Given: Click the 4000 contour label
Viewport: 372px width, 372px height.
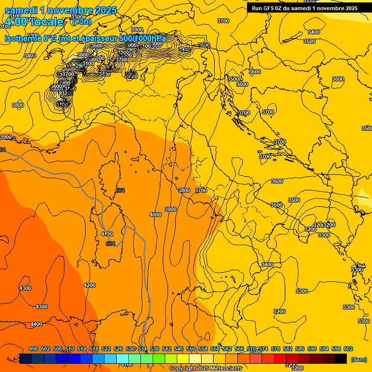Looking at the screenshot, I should click(x=155, y=215).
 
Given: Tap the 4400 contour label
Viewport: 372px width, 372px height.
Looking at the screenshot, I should click(x=36, y=324).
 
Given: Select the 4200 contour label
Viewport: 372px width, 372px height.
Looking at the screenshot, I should click(x=90, y=286).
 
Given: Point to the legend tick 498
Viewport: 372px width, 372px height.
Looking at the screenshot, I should click(x=33, y=349).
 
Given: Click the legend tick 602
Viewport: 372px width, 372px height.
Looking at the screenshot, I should click(x=348, y=349).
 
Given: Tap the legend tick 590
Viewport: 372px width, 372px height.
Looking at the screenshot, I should click(x=312, y=349).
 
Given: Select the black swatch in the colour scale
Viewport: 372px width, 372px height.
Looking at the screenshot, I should click(x=341, y=359).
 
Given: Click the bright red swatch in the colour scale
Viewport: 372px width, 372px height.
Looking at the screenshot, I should click(x=279, y=359).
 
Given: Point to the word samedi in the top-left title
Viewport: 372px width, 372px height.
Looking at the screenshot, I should click(x=22, y=10).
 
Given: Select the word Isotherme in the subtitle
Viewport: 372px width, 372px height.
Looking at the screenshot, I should click(x=23, y=39).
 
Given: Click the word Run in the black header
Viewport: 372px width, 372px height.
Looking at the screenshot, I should click(x=257, y=8).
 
